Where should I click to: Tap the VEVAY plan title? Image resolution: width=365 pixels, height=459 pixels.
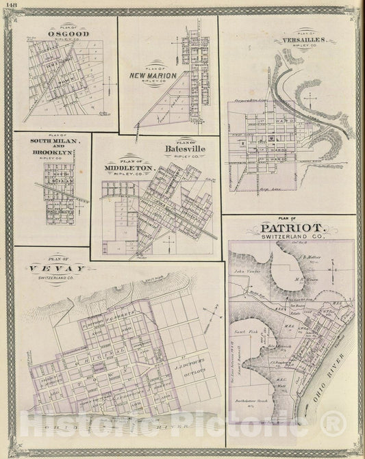click(53, 268)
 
